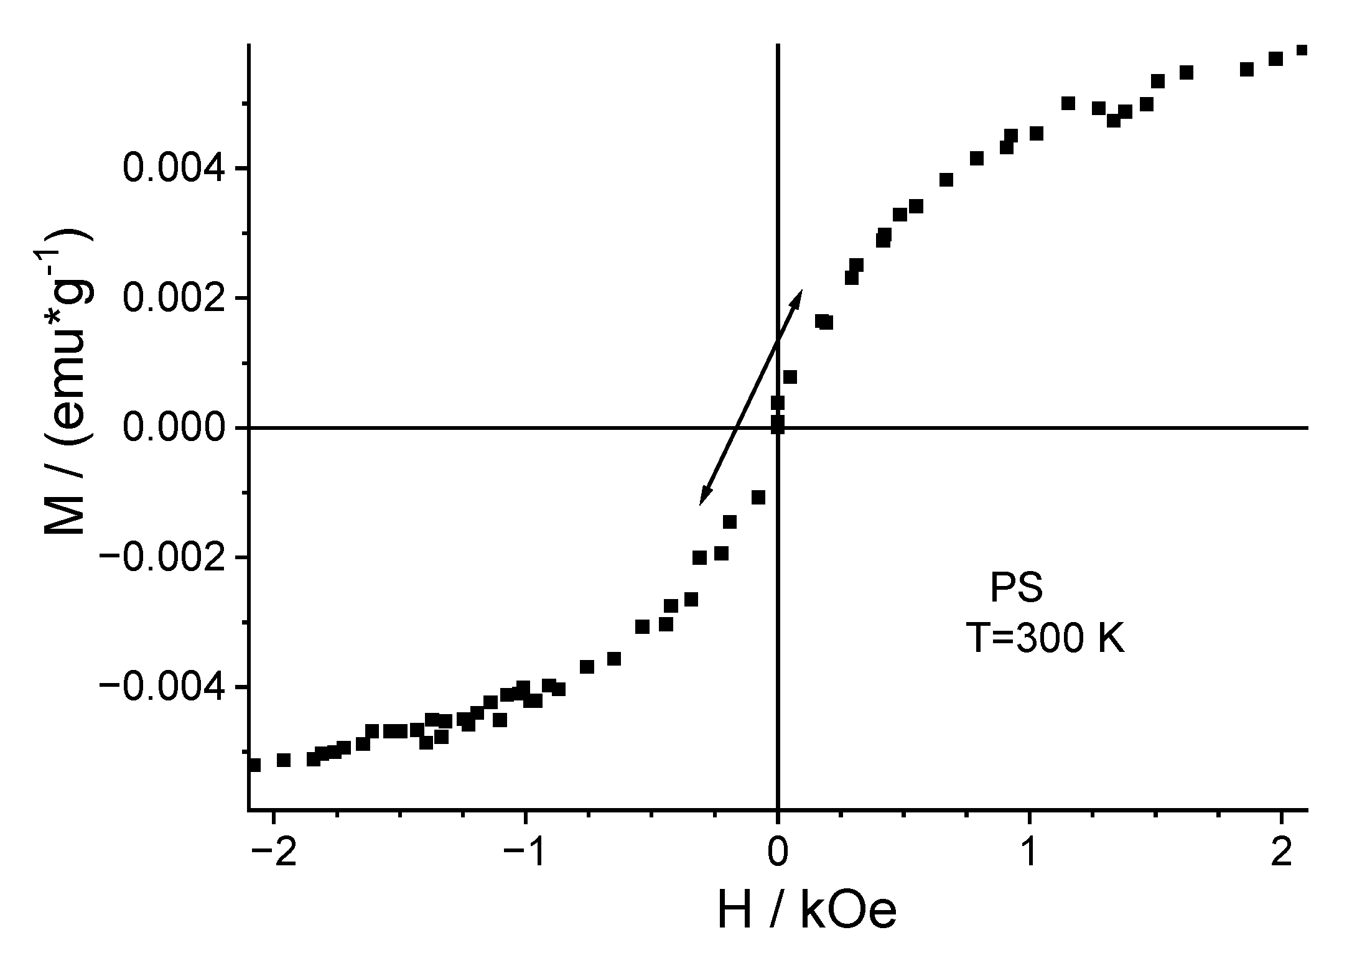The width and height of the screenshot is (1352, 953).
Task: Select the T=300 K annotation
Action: (x=1045, y=639)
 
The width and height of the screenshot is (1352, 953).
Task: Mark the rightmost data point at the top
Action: (x=1302, y=50)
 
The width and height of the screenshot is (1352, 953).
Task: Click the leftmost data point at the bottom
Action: (x=254, y=765)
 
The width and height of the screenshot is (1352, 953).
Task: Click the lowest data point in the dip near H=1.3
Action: (x=1114, y=120)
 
